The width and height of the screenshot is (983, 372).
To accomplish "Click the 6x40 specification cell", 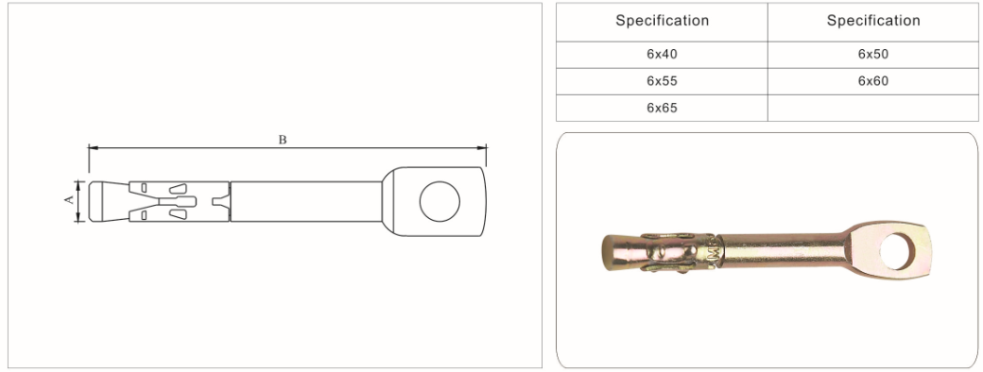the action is pyautogui.click(x=662, y=55).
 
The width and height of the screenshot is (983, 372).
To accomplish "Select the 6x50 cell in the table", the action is pyautogui.click(x=872, y=55).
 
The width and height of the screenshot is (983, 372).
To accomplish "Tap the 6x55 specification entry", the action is pyautogui.click(x=662, y=81).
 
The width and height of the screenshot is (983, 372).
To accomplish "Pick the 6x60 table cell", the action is pyautogui.click(x=872, y=81).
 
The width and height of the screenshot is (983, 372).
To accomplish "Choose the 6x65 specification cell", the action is pyautogui.click(x=662, y=108).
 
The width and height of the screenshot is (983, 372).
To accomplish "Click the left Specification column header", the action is pyautogui.click(x=662, y=22).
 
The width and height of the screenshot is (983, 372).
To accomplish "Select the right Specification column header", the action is pyautogui.click(x=872, y=22).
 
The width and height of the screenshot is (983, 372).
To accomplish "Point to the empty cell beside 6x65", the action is pyautogui.click(x=872, y=108).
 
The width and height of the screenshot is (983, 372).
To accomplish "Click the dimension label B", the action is pyautogui.click(x=283, y=140).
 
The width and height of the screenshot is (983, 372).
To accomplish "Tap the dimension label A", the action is pyautogui.click(x=70, y=199).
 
